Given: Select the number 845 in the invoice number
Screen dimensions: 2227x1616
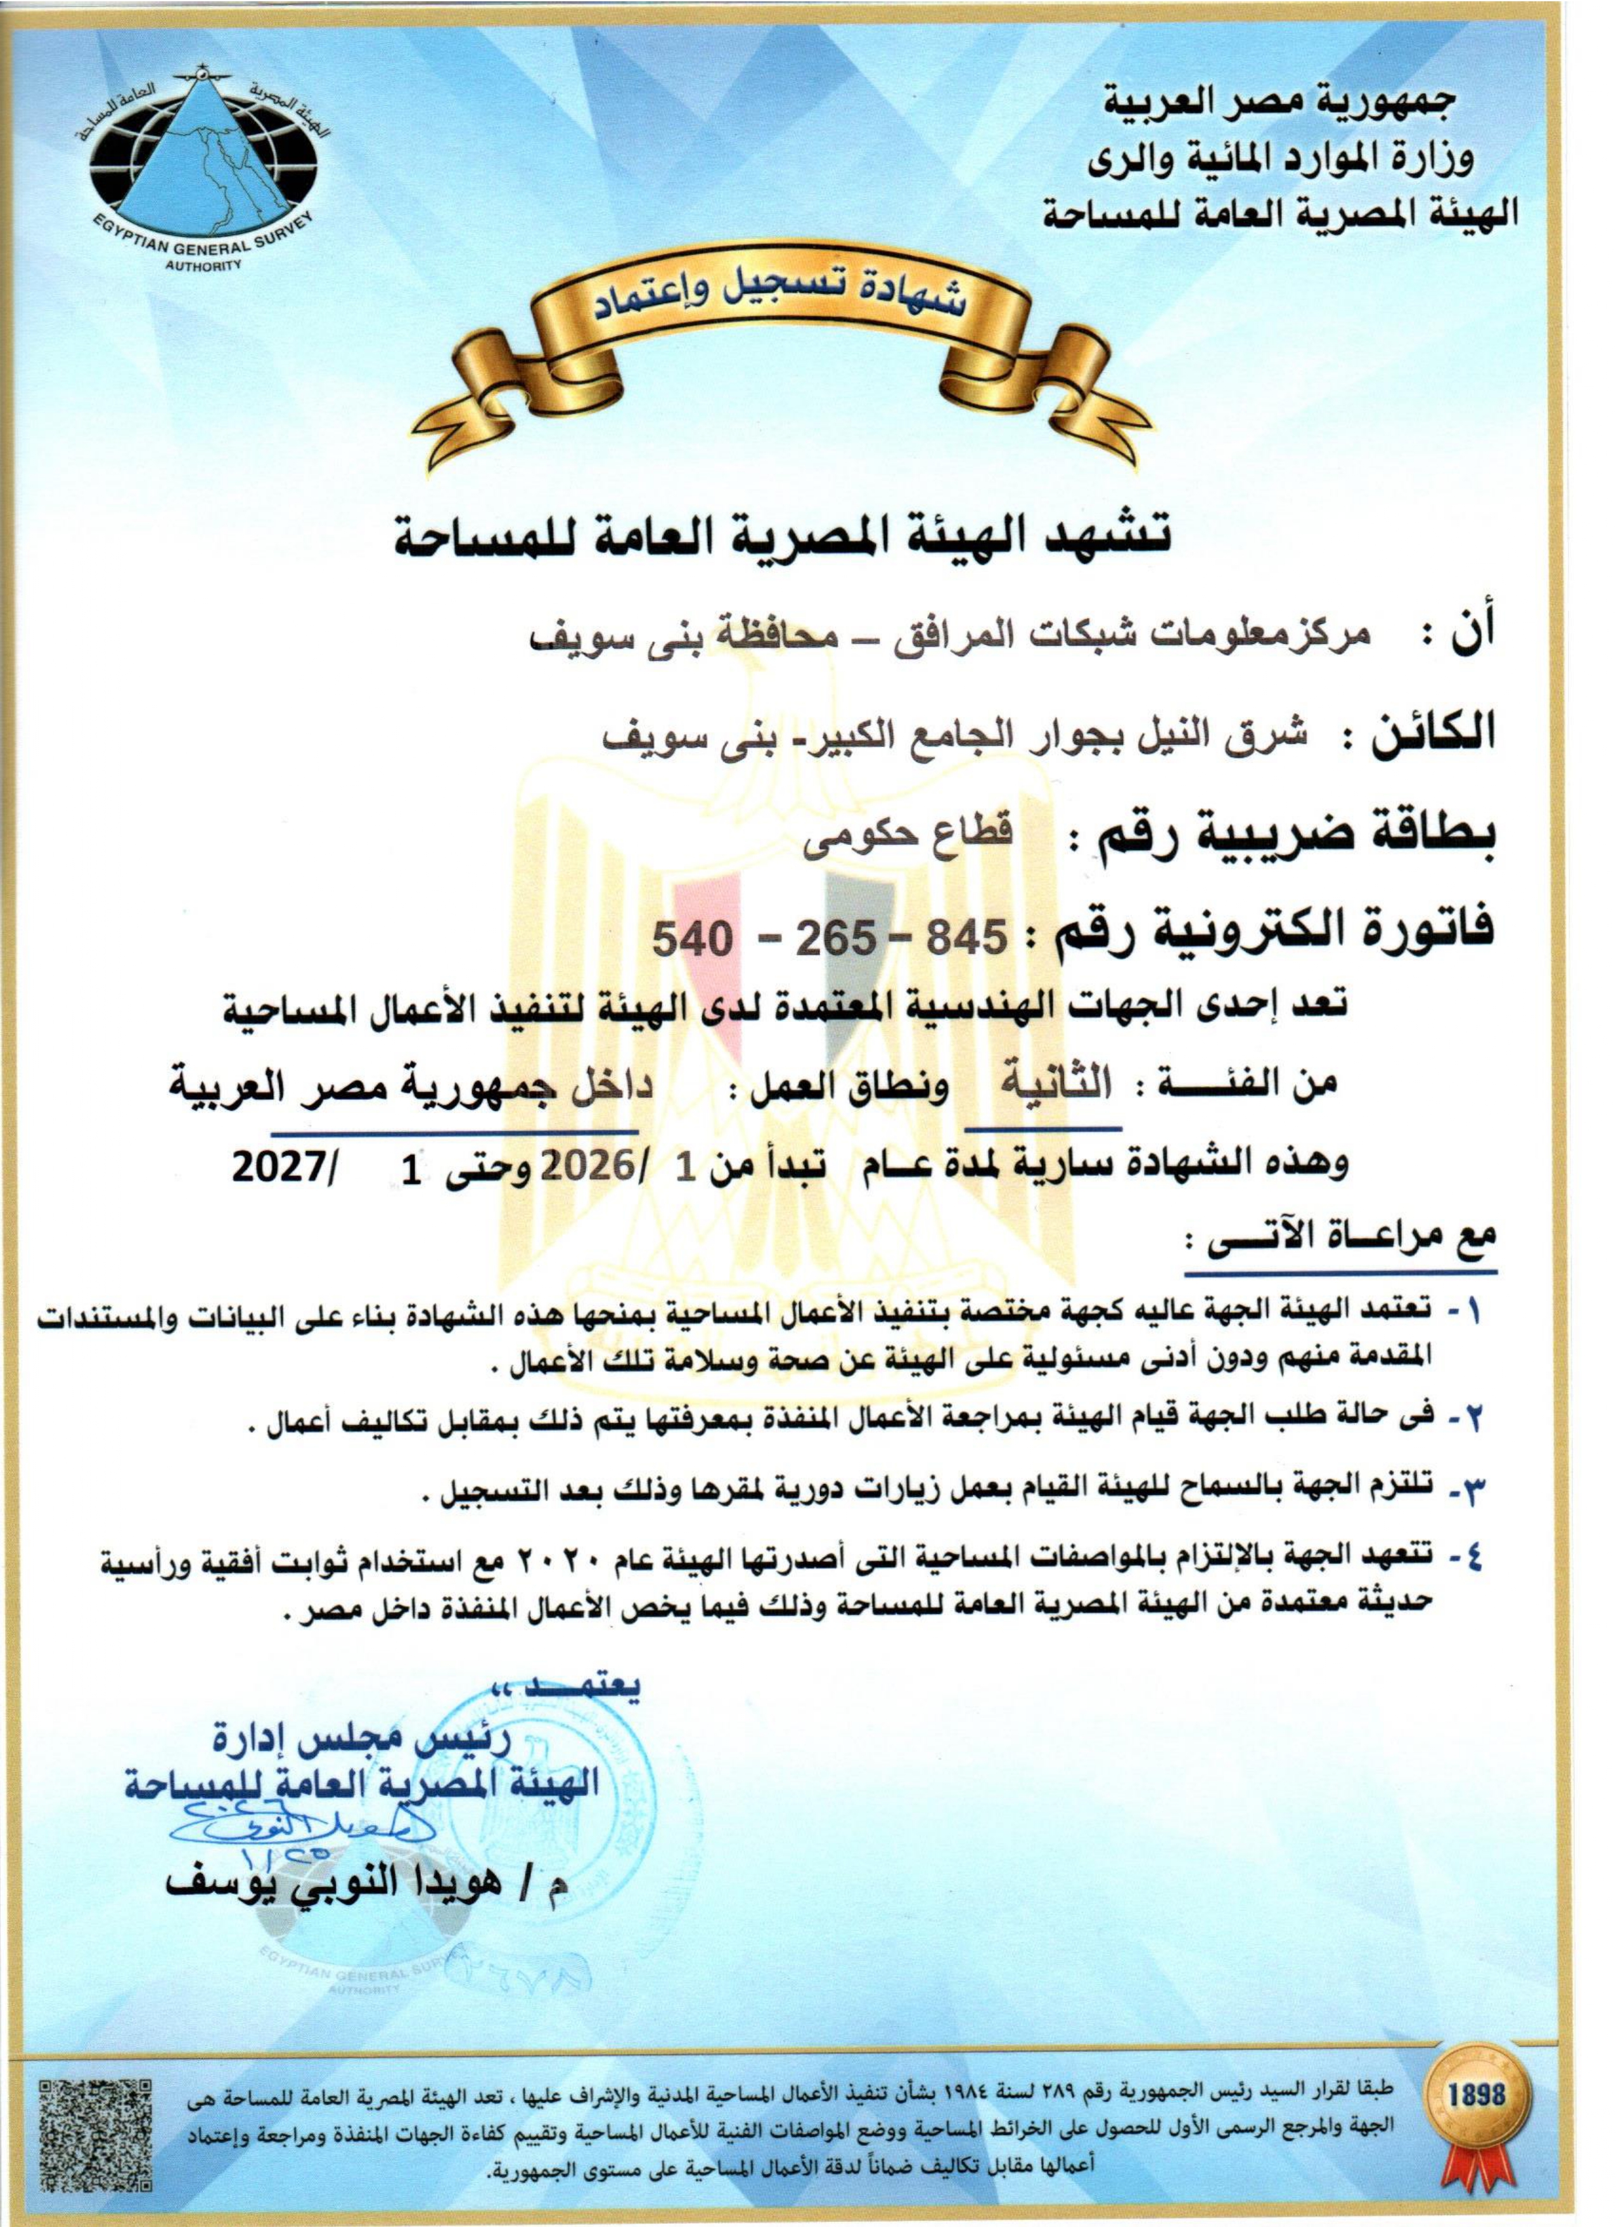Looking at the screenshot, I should pyautogui.click(x=962, y=939).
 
